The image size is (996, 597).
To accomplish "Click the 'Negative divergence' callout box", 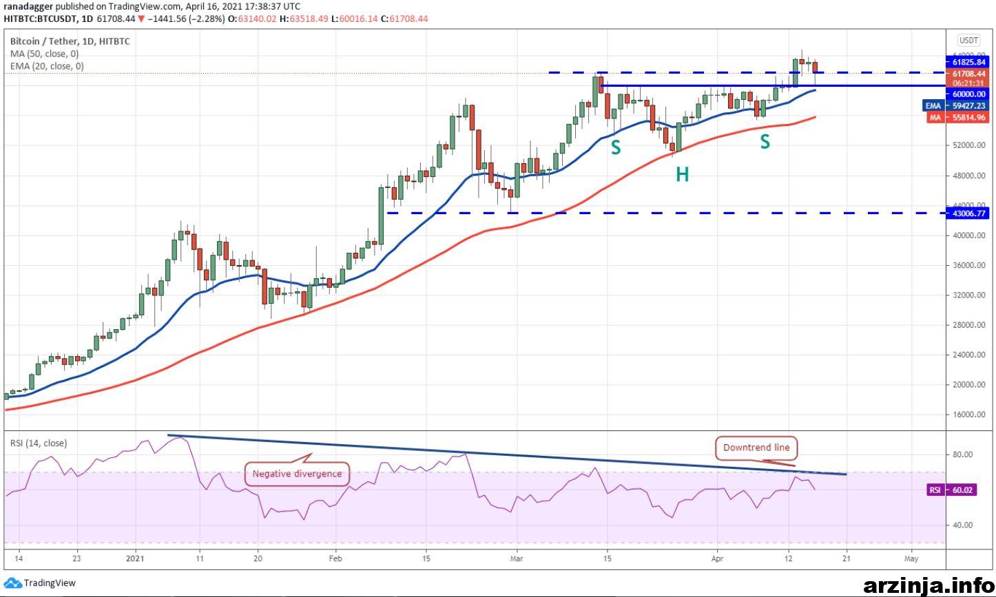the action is [297, 474].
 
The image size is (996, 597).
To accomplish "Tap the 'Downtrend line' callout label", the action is [756, 448].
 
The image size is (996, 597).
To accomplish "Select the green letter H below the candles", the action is [682, 175].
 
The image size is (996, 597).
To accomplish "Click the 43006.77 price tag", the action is [968, 213].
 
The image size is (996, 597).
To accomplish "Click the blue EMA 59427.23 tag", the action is [956, 106].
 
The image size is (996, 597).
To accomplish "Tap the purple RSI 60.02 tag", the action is [951, 490].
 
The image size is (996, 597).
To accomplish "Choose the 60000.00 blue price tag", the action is [968, 94].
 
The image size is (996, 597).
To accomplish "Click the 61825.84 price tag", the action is [968, 62].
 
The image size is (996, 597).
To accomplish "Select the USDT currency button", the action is [968, 41].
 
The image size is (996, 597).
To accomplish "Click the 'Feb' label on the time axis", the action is [335, 558].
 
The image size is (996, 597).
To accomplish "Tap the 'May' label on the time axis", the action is [911, 558].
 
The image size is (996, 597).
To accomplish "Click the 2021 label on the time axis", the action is [135, 558].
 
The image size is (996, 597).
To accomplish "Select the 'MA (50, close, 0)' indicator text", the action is [45, 54].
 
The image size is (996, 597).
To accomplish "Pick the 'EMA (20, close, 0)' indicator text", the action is [47, 66].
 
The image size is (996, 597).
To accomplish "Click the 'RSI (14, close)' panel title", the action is [39, 443].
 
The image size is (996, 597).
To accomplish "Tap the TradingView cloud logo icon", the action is [12, 583].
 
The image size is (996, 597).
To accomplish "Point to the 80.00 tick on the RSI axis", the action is [959, 454].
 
